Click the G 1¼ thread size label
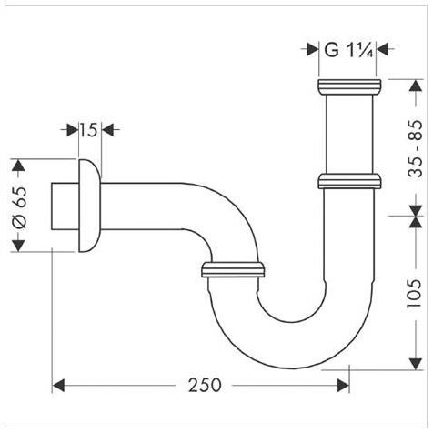point(348,50)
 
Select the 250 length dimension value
point(205,386)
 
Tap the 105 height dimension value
point(414,294)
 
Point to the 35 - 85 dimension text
point(415,148)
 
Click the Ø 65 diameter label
point(20,207)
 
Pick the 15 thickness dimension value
point(89,130)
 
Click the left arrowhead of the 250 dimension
point(58,386)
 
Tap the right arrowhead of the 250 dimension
point(344,386)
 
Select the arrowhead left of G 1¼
point(313,49)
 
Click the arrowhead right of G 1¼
point(382,49)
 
